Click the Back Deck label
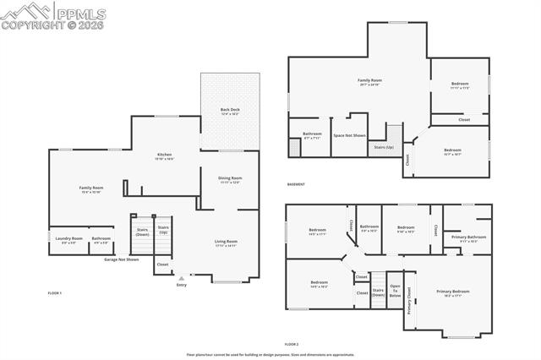(x=230, y=111)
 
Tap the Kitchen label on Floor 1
(x=164, y=155)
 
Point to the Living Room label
(x=226, y=243)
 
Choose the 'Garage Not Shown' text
(x=121, y=259)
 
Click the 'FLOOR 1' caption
(x=55, y=292)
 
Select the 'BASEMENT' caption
(x=296, y=184)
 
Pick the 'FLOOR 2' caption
(x=292, y=344)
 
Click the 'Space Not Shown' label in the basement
(x=349, y=135)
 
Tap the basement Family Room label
(x=369, y=81)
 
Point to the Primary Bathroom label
(x=468, y=237)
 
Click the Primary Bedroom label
(x=452, y=292)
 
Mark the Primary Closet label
(x=409, y=301)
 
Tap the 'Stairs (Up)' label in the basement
(x=383, y=146)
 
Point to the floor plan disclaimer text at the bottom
(x=270, y=354)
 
